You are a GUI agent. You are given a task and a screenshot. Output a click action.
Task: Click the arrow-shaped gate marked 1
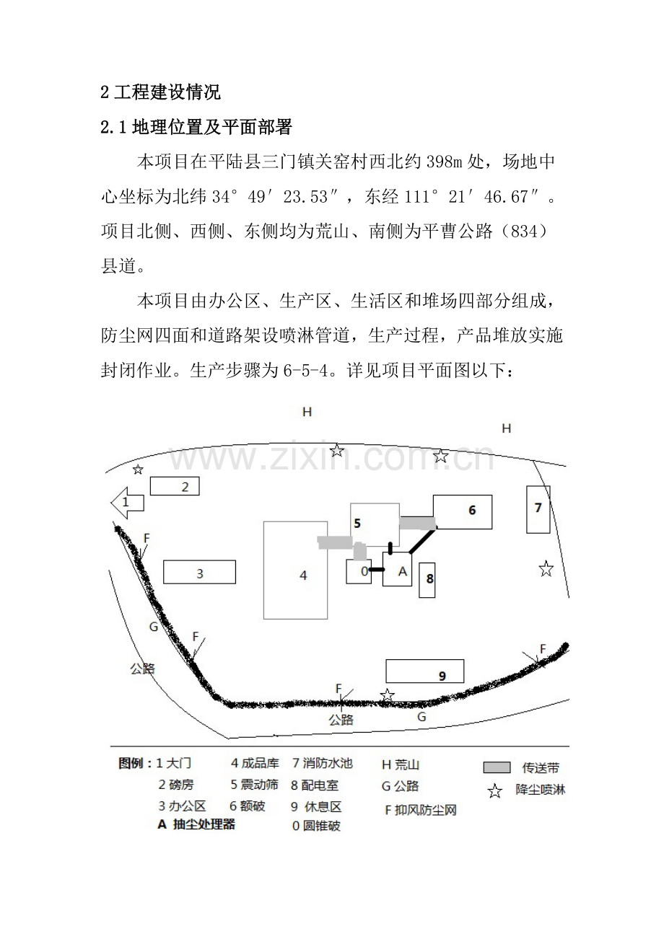coord(127,503)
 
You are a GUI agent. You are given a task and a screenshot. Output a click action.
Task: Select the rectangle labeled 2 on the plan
coord(175,486)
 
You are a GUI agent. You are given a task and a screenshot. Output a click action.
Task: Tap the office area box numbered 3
coord(199,572)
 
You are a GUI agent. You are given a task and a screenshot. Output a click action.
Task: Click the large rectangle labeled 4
coord(295,570)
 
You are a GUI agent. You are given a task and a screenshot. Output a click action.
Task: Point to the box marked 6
coord(462,512)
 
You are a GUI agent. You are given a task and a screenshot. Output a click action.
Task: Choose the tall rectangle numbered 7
coord(538,510)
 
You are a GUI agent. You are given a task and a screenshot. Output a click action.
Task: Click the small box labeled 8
coord(427,580)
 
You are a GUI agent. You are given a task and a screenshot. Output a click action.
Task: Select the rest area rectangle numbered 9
coord(424,671)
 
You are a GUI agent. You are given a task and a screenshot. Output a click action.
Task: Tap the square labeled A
coord(397,569)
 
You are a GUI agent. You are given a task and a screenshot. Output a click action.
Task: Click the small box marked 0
coord(359,571)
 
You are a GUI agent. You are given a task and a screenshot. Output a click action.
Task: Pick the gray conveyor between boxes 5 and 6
coord(417,523)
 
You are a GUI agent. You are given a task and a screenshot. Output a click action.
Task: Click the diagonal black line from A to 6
coord(423,541)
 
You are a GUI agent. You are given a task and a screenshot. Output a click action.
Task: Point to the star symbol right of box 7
coord(546,569)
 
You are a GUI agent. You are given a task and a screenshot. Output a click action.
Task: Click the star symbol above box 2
coord(138,469)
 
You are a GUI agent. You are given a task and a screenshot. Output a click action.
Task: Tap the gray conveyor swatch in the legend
coord(497,767)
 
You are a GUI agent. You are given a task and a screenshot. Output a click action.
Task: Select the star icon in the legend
coord(495,791)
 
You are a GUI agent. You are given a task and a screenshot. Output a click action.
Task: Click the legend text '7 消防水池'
coord(322,763)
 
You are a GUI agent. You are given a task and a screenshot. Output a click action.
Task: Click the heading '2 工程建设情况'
coord(161,92)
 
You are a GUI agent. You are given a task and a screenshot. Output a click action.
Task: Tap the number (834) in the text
coord(523,232)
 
